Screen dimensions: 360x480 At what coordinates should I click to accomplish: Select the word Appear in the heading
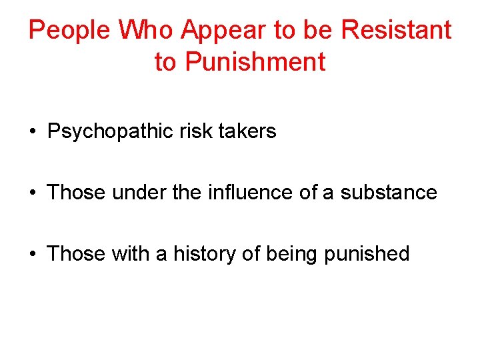[x=223, y=30]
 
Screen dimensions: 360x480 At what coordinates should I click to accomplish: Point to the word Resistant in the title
[x=397, y=30]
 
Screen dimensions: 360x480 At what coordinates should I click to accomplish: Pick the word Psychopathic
[x=111, y=131]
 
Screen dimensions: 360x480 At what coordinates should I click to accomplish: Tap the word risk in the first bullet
[x=195, y=131]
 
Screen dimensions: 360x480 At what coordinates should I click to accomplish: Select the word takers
[x=246, y=131]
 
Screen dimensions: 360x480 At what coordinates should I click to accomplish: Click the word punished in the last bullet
[x=367, y=254]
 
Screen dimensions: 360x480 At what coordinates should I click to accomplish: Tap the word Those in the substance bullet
[x=77, y=193]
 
